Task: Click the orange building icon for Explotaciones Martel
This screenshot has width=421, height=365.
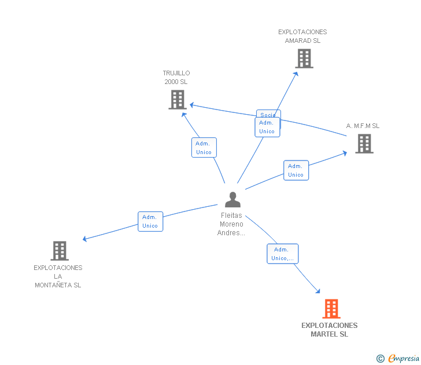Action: click(331, 309)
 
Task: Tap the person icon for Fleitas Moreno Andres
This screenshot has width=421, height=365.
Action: click(232, 200)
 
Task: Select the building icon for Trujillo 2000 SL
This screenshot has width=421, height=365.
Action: click(177, 100)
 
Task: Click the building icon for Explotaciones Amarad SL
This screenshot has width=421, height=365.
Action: click(304, 59)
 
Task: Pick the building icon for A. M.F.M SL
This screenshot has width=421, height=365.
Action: click(364, 144)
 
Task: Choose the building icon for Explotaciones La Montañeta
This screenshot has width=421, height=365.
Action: click(60, 251)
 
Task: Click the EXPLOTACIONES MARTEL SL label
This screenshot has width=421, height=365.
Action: click(330, 330)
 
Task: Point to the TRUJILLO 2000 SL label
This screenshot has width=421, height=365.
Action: click(176, 78)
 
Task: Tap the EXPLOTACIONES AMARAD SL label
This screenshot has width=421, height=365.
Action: click(302, 36)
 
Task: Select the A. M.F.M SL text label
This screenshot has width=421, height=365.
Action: click(363, 126)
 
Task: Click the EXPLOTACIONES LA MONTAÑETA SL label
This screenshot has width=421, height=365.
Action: click(58, 276)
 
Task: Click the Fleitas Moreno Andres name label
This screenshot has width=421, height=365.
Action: click(231, 224)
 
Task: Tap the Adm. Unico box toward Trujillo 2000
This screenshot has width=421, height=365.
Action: click(204, 148)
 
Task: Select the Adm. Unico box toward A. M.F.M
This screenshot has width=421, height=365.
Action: click(296, 170)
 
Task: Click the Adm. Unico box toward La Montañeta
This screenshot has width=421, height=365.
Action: click(150, 221)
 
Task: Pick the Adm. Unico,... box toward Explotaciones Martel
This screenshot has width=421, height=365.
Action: click(282, 254)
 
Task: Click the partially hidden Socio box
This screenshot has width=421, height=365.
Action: click(268, 114)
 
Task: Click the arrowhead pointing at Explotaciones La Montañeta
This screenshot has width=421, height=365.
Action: click(85, 239)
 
